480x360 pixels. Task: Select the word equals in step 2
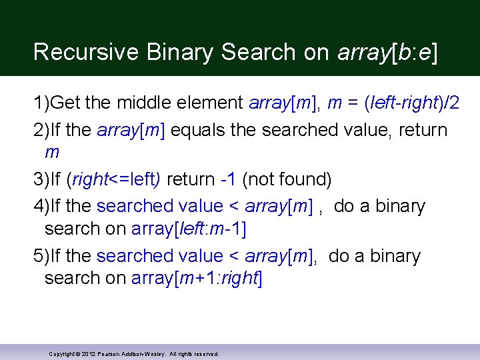tap(199, 129)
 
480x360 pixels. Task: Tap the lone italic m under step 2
tap(51, 153)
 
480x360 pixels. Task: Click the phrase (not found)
tap(287, 179)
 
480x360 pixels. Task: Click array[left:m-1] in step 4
tap(189, 229)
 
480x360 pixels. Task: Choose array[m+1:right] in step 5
tap(197, 279)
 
